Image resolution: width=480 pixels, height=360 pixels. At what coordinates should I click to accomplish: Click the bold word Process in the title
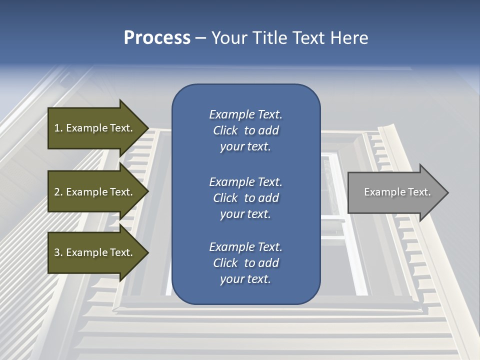pyautogui.click(x=157, y=38)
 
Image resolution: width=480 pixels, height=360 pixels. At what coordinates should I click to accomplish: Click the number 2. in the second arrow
pyautogui.click(x=58, y=192)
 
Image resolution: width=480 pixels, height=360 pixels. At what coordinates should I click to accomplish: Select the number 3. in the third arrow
pyautogui.click(x=58, y=252)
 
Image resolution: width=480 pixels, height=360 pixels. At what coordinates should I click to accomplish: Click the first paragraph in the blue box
pyautogui.click(x=245, y=130)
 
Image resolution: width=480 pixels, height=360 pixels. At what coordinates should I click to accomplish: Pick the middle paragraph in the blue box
pyautogui.click(x=245, y=198)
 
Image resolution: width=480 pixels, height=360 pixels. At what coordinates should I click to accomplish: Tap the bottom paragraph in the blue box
pyautogui.click(x=245, y=263)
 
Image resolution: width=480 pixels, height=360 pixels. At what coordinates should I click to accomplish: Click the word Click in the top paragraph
pyautogui.click(x=225, y=130)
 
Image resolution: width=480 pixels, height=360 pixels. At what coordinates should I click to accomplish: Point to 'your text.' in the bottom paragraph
pyautogui.click(x=245, y=279)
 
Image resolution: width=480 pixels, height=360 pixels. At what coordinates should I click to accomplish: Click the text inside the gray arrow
pyautogui.click(x=397, y=192)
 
